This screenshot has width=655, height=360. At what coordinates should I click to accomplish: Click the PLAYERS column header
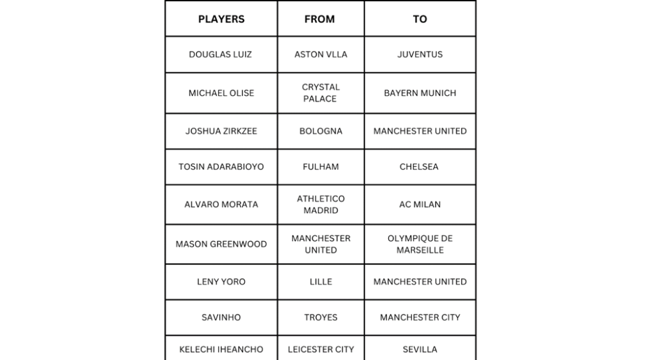221,19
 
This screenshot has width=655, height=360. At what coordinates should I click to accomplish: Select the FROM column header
320,19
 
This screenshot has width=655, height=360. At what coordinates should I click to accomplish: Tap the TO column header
420,19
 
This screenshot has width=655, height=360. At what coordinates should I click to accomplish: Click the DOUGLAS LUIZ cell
221,54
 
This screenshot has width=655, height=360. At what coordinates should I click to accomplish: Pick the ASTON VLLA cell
320,54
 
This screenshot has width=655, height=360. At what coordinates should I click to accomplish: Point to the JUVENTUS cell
420,54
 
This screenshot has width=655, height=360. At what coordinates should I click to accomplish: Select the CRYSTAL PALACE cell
320,93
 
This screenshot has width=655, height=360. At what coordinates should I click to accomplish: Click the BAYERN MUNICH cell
420,93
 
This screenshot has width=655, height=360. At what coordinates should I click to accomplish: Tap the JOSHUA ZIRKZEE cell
221,131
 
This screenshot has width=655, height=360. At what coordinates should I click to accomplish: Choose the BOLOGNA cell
320,131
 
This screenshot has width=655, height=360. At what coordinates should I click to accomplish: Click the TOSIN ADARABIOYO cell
221,167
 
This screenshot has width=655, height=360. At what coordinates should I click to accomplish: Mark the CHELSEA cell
420,167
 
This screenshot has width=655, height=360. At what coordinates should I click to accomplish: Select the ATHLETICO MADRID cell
320,205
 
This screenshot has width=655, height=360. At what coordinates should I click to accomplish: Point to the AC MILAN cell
420,205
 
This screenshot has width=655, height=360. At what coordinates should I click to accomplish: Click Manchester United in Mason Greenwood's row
320,244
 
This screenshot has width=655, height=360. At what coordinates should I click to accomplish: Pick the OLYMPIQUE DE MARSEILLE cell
420,244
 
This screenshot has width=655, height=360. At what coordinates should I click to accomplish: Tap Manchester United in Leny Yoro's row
420,282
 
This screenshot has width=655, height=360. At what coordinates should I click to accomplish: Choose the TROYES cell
320,317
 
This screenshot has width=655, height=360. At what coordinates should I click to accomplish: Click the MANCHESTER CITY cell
420,317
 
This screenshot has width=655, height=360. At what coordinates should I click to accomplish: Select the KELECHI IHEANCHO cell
221,350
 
